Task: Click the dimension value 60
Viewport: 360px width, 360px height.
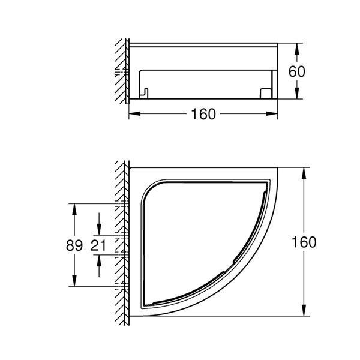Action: point(297,71)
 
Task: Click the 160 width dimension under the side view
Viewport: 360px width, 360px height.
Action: point(203,114)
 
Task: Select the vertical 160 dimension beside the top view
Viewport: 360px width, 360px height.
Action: point(304,242)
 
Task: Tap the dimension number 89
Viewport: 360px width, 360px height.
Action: point(74,245)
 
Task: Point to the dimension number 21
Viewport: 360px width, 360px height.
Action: point(98,245)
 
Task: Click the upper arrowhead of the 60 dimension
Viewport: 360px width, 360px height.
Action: point(297,49)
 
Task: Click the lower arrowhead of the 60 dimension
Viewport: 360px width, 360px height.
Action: point(297,94)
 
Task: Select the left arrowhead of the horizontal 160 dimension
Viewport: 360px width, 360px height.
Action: point(134,113)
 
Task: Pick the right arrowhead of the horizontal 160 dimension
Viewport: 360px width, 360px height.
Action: point(272,113)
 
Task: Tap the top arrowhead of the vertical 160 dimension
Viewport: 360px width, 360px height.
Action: point(304,173)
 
